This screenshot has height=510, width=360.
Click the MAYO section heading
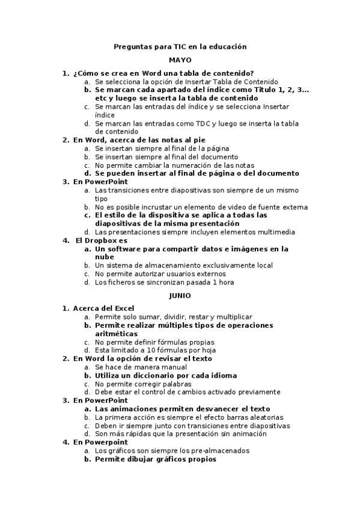(180, 60)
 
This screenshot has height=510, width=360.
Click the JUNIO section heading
(180, 295)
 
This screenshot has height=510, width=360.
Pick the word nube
(105, 256)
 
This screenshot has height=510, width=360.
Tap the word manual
(174, 367)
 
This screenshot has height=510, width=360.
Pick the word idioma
(222, 375)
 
